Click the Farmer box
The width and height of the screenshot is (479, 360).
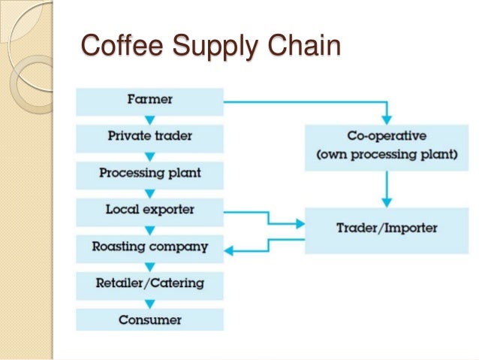point(150,99)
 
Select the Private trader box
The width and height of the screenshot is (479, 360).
point(150,136)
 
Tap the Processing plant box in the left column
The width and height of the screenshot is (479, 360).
point(150,173)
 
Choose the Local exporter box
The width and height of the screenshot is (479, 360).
point(150,210)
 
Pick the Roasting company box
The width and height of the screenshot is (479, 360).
point(150,247)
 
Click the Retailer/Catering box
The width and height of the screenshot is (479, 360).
point(150,283)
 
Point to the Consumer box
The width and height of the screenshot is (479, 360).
point(150,320)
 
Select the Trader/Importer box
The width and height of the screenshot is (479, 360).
point(387,227)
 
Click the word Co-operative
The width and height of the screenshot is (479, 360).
point(387,137)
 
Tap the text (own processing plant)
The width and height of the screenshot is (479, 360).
point(387,156)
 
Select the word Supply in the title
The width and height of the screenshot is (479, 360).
point(217,47)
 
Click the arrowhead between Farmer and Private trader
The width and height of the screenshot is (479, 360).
point(150,119)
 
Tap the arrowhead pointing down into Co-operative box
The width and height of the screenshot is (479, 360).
point(387,119)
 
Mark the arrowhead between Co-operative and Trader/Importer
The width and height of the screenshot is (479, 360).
point(387,203)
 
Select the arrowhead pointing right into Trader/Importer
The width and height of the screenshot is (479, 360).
point(298,223)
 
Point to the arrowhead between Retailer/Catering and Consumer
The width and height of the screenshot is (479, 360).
point(150,304)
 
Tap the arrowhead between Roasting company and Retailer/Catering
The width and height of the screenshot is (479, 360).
point(150,267)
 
